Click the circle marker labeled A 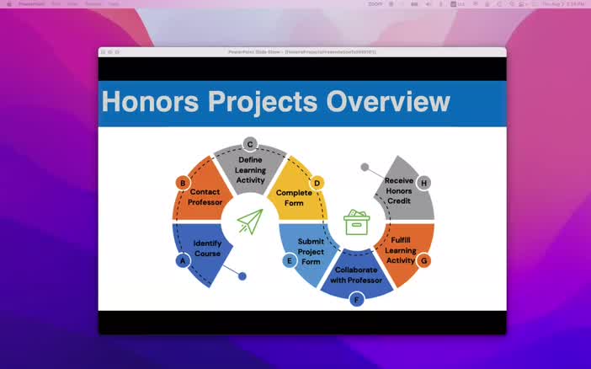182,260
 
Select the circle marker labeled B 182,183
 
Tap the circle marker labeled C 250,144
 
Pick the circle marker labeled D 317,183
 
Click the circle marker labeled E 290,260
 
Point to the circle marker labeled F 357,299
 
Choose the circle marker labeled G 423,260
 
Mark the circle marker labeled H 423,183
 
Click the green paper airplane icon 250,222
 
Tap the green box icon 357,222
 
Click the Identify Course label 207,249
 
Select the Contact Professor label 205,197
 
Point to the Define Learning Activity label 250,169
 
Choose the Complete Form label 294,197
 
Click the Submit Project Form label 311,251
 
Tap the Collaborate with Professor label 356,275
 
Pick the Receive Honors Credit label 398,190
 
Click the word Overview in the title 387,102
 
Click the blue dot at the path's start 242,276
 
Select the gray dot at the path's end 365,167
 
